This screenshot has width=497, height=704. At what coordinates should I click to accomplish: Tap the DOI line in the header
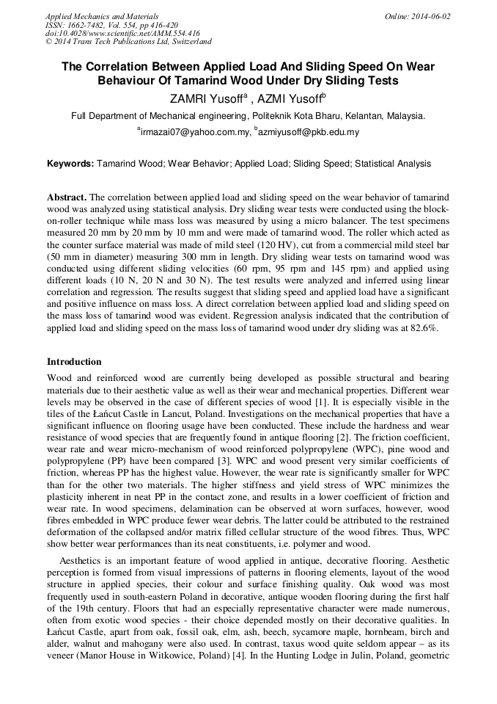(122, 33)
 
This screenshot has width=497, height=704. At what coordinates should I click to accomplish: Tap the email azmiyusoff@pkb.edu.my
(308, 133)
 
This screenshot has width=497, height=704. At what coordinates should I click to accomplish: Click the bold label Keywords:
(70, 164)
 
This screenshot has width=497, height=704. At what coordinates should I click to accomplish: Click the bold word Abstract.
(67, 198)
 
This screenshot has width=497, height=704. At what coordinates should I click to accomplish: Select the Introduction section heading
(74, 362)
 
